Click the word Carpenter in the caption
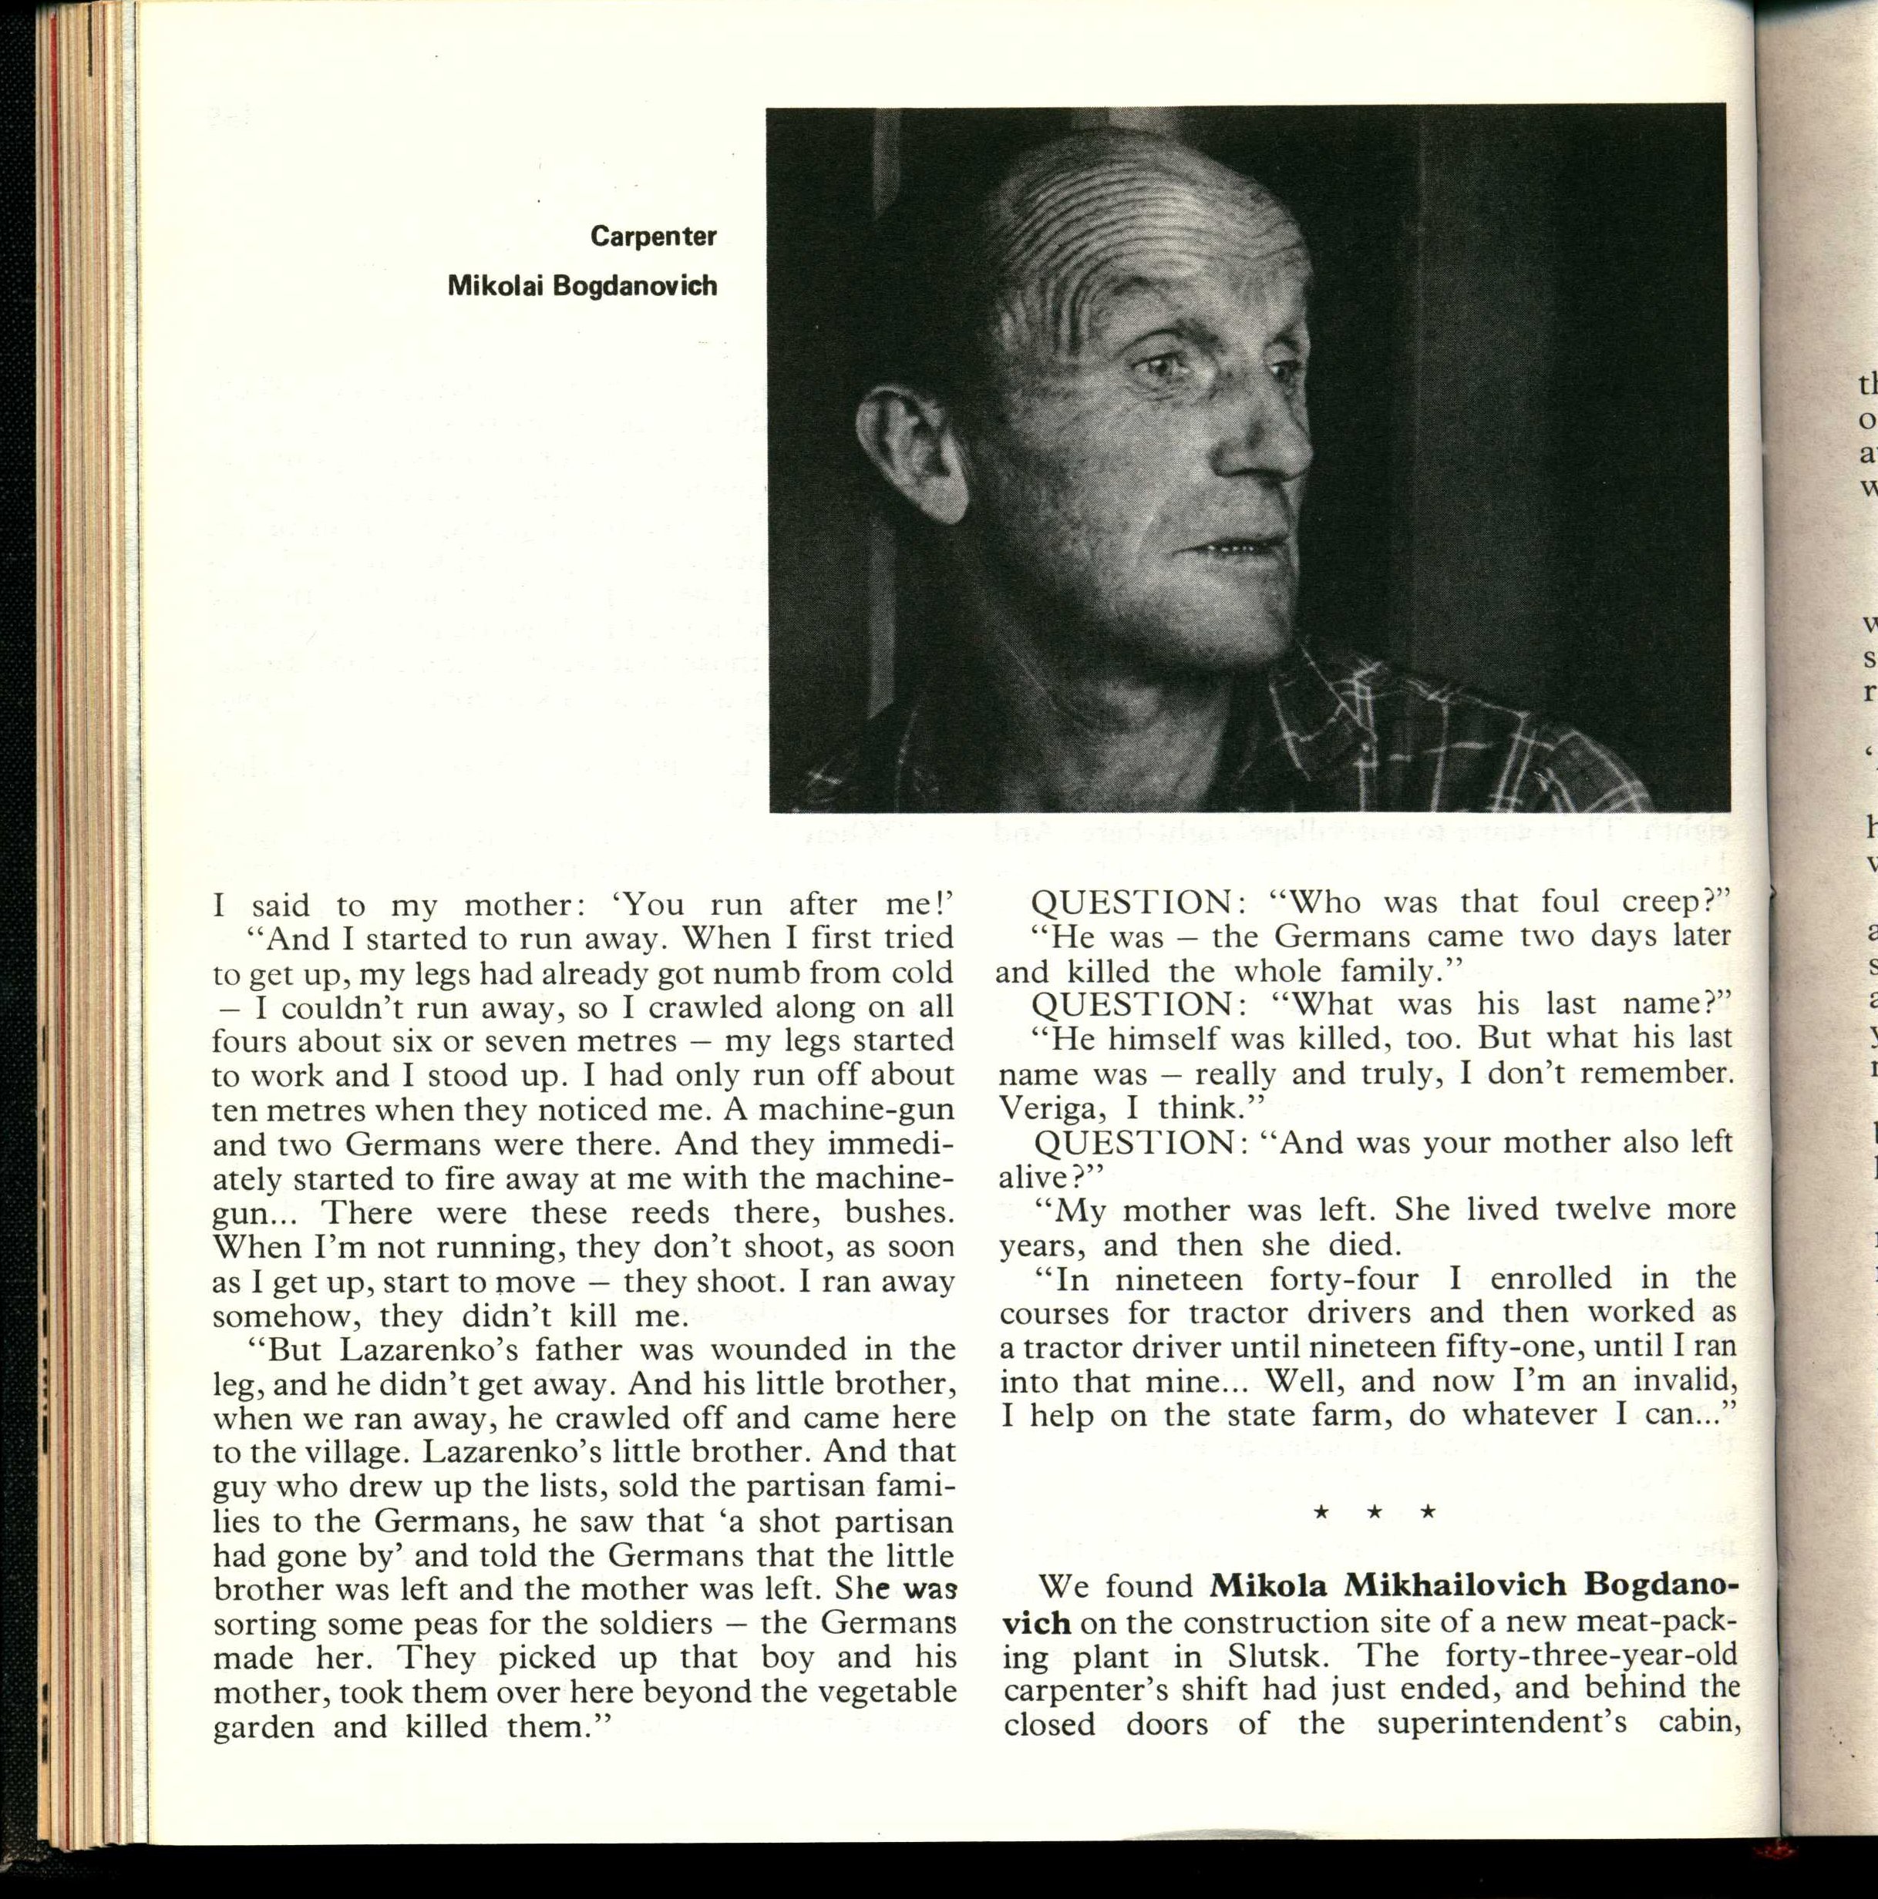(653, 237)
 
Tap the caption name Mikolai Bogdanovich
(582, 286)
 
